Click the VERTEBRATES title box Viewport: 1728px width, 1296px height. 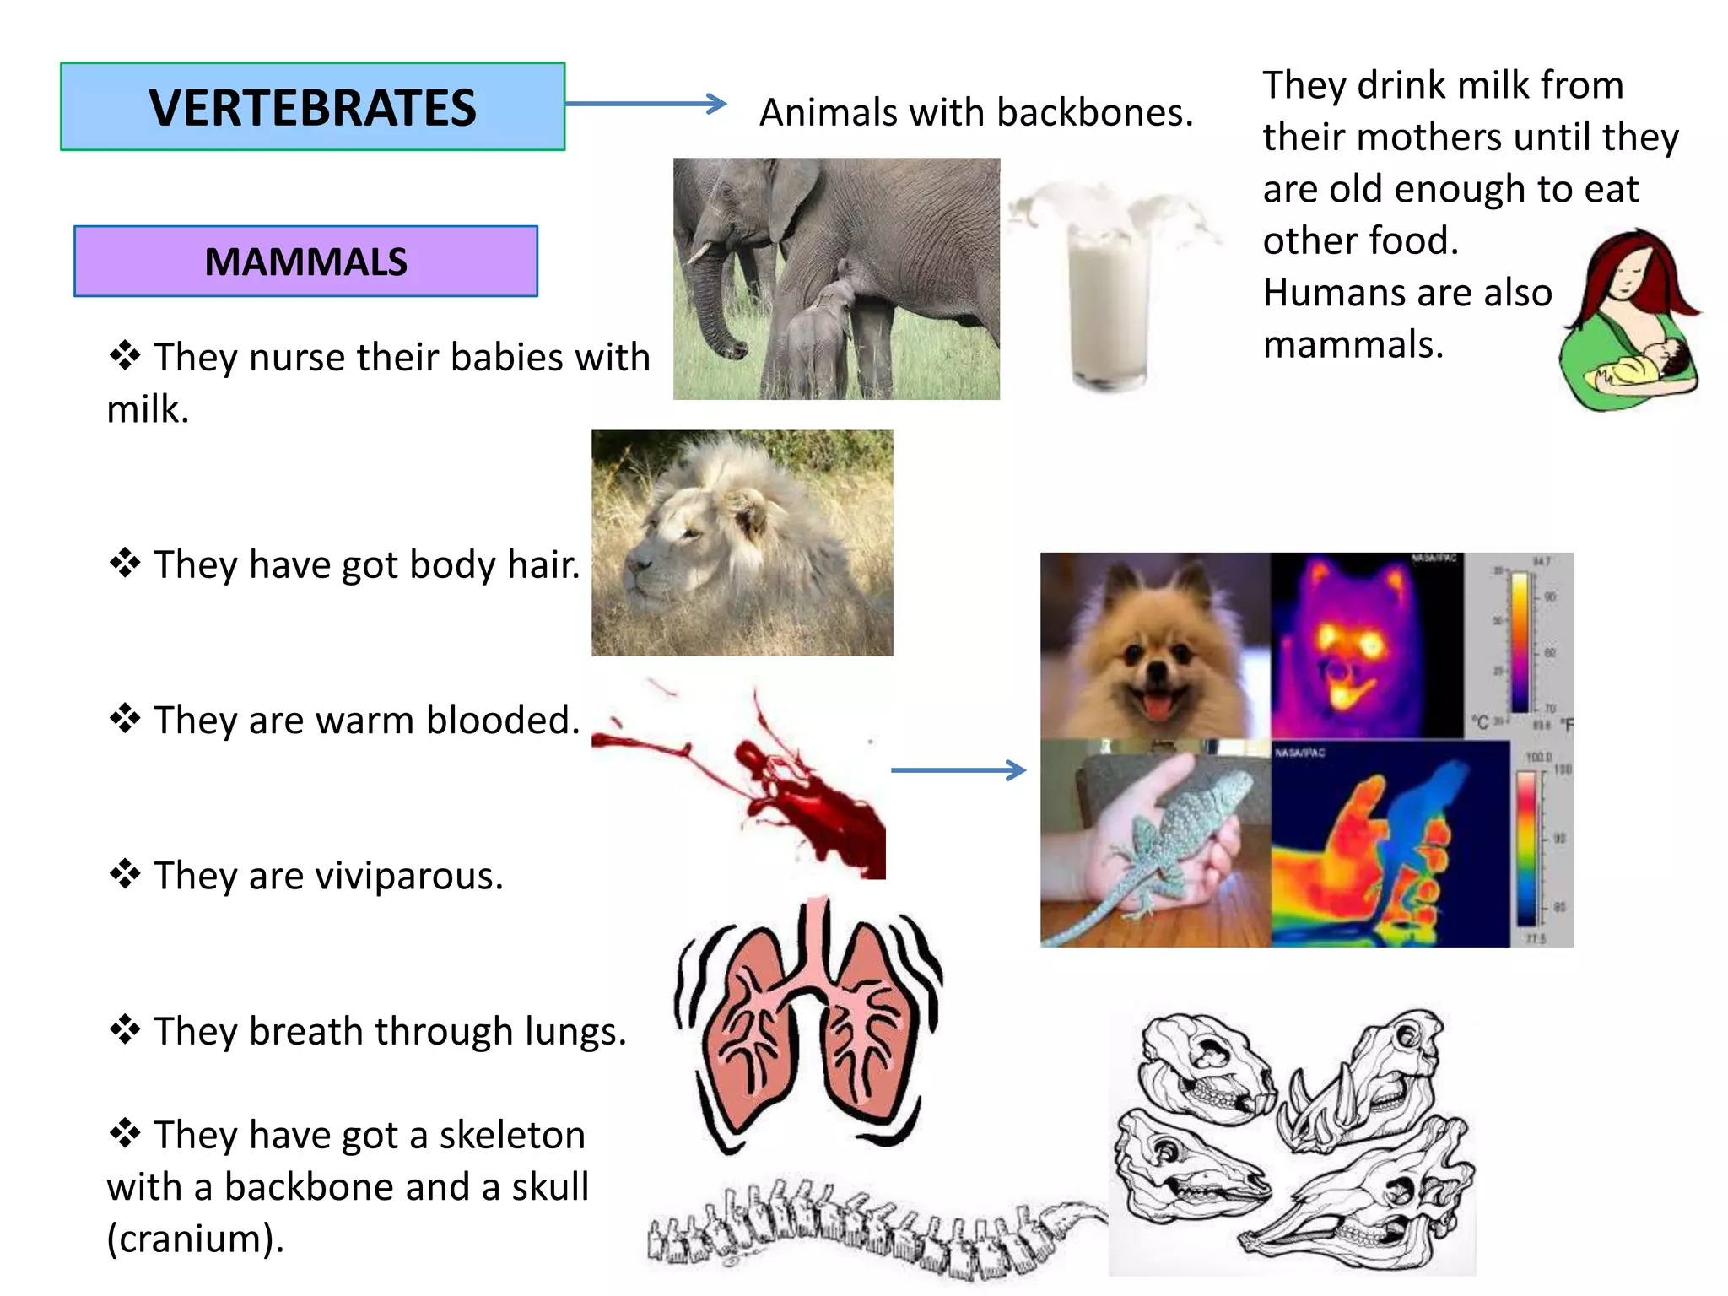coord(312,107)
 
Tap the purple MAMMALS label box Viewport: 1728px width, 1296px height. coord(305,262)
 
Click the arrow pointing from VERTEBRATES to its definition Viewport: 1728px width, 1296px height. coord(645,104)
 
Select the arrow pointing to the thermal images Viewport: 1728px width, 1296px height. coord(958,769)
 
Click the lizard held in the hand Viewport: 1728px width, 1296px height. coord(1173,835)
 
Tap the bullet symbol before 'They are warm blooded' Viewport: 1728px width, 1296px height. coord(125,718)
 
